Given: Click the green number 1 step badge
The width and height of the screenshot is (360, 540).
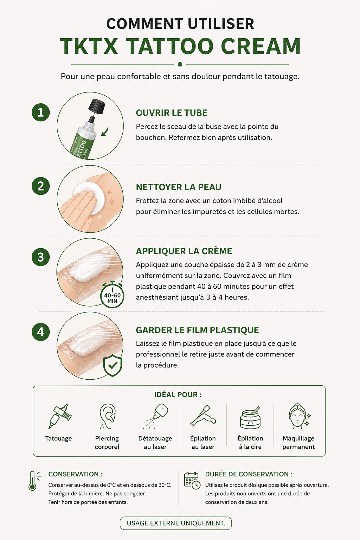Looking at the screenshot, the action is pyautogui.click(x=41, y=112).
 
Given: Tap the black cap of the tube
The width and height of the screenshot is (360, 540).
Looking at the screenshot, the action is pyautogui.click(x=97, y=106).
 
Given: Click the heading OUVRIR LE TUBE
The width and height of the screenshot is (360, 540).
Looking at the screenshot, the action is pyautogui.click(x=172, y=113).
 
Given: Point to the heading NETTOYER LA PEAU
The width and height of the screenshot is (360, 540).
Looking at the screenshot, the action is pyautogui.click(x=179, y=187).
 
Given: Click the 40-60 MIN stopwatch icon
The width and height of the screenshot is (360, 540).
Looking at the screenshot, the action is pyautogui.click(x=112, y=294).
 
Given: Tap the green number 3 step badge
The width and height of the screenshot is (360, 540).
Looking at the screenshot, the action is pyautogui.click(x=41, y=257).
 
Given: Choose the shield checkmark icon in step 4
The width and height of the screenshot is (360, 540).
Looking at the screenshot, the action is pyautogui.click(x=112, y=365).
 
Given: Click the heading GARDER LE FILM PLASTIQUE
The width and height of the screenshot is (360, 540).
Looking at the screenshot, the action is pyautogui.click(x=197, y=330).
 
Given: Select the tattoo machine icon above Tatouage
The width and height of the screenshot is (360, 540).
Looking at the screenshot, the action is pyautogui.click(x=59, y=416).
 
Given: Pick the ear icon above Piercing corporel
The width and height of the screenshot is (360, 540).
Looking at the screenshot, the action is pyautogui.click(x=107, y=416).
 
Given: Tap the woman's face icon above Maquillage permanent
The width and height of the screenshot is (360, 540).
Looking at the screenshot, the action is pyautogui.click(x=299, y=416).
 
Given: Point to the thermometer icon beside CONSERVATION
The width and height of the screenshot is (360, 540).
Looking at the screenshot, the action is pyautogui.click(x=34, y=481).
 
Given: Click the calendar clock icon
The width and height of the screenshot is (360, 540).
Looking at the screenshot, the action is pyautogui.click(x=192, y=481).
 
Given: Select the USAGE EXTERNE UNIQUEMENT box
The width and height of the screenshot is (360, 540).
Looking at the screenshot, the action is pyautogui.click(x=176, y=523).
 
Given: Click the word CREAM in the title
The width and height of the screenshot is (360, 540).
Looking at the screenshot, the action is pyautogui.click(x=261, y=46).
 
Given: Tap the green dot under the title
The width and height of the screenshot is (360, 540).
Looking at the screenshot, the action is pyautogui.click(x=180, y=64).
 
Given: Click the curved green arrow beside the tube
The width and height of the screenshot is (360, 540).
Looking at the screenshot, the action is pyautogui.click(x=105, y=132).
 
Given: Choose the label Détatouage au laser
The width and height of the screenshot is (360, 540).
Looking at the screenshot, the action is pyautogui.click(x=155, y=442).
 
